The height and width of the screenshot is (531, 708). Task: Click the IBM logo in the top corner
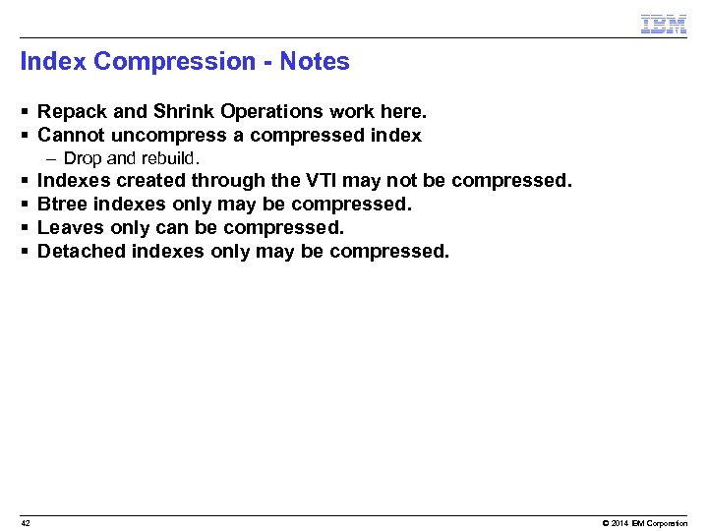pyautogui.click(x=663, y=25)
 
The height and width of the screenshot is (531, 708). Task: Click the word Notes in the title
pyautogui.click(x=315, y=62)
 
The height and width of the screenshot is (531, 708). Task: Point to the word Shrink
pyautogui.click(x=184, y=112)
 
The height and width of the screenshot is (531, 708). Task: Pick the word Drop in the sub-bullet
pyautogui.click(x=81, y=158)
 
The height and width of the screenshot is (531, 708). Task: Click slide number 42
pyautogui.click(x=26, y=523)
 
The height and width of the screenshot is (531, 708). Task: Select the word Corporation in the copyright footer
pyautogui.click(x=670, y=523)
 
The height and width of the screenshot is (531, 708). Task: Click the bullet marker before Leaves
pyautogui.click(x=24, y=228)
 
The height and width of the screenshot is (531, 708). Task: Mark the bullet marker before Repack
pyautogui.click(x=24, y=112)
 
